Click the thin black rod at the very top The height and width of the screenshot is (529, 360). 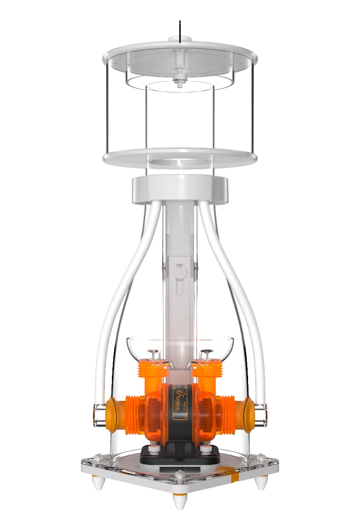click(179, 31)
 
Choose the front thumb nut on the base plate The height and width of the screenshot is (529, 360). click(179, 475)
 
